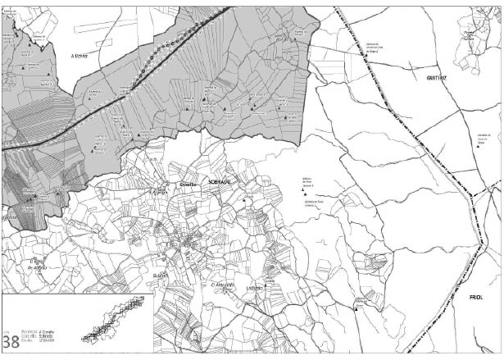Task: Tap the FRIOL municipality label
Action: pyautogui.click(x=477, y=298)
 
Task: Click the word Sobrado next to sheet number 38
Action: pyautogui.click(x=43, y=339)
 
